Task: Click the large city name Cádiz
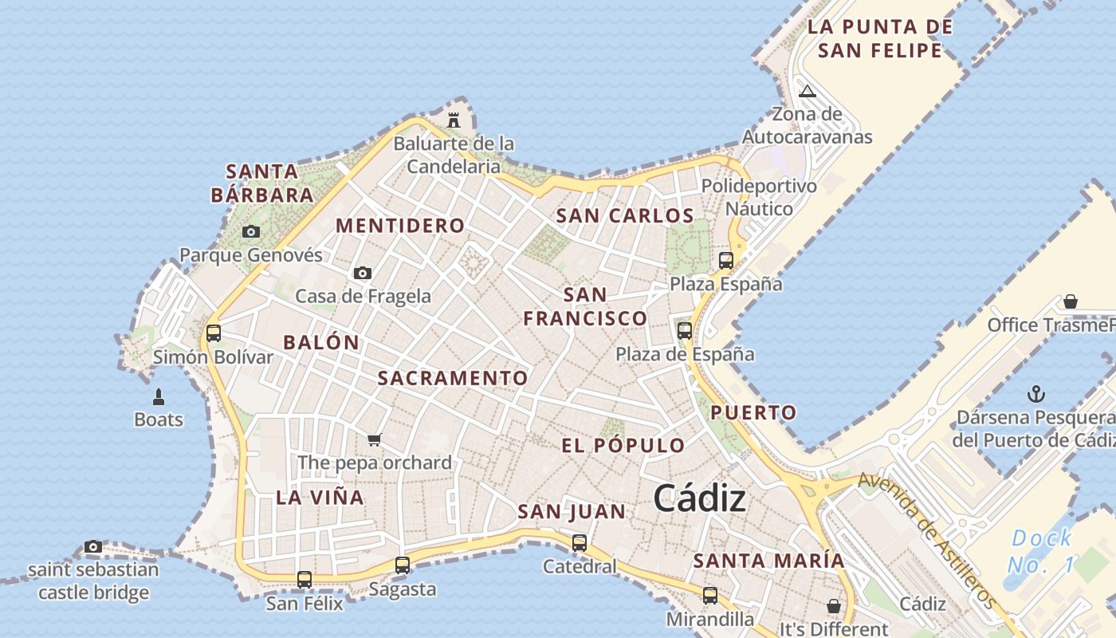coord(699,499)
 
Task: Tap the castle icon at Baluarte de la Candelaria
coord(454,120)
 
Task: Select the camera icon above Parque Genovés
coord(251,232)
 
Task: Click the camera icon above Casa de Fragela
coord(363,273)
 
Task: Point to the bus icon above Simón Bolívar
coord(213,333)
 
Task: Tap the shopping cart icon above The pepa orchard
coord(375,439)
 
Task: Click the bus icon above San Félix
coord(304,580)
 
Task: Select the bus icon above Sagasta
coord(403,565)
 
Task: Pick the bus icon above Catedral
coord(580,543)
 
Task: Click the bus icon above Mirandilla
coord(709,596)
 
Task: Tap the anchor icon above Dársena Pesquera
coord(1035,393)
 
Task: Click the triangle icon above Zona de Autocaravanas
coord(808,91)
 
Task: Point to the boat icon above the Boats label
coord(159,396)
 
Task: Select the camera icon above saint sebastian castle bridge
coord(93,547)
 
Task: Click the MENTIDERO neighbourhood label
coord(400,226)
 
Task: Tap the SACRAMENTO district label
coord(452,378)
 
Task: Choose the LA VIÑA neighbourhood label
coord(320,498)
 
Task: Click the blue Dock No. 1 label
coord(1040,551)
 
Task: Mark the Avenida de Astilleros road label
coord(928,540)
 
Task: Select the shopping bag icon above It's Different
coord(833,606)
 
